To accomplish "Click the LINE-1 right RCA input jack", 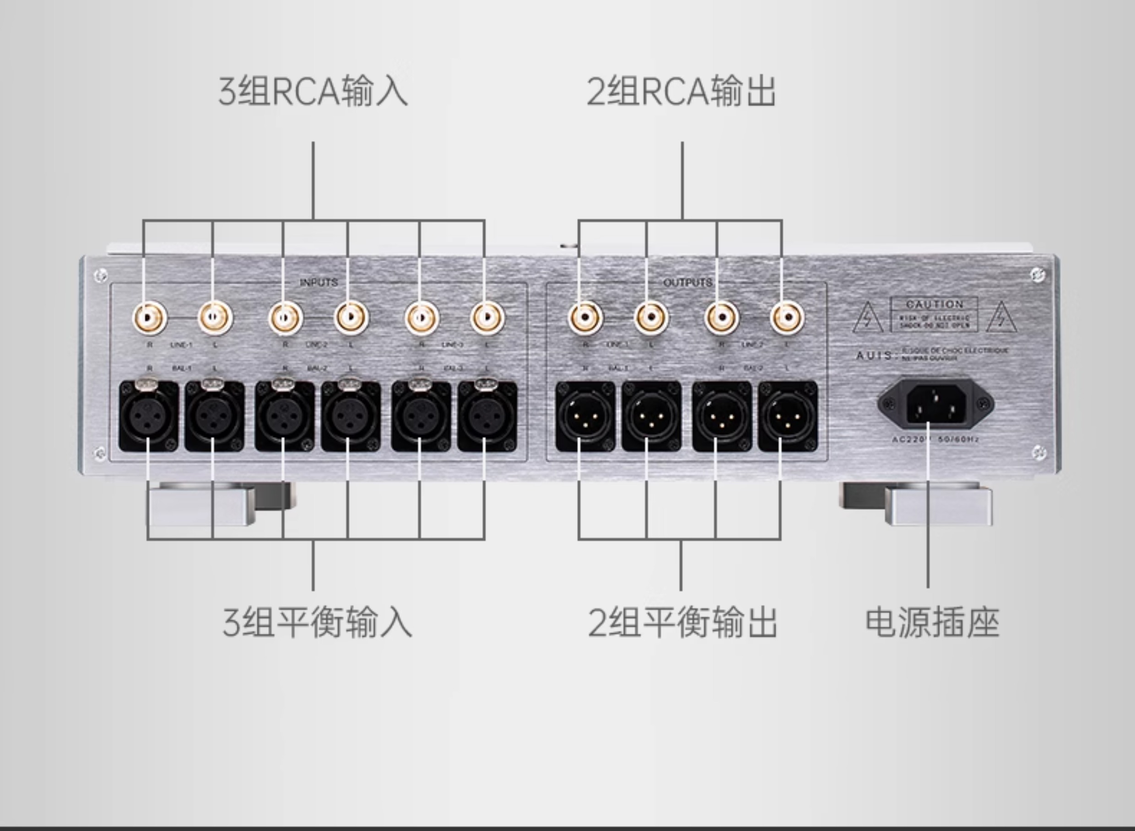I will [149, 318].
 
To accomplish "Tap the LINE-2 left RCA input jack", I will [351, 318].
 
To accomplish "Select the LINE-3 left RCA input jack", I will [486, 318].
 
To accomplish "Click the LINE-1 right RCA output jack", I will [585, 318].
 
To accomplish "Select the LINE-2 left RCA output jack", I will [787, 318].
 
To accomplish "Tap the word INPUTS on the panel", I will [319, 282].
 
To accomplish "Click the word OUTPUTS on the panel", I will [687, 282].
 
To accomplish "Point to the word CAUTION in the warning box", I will [934, 304].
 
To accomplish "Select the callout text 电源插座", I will [932, 623].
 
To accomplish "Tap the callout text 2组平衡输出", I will [682, 623].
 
